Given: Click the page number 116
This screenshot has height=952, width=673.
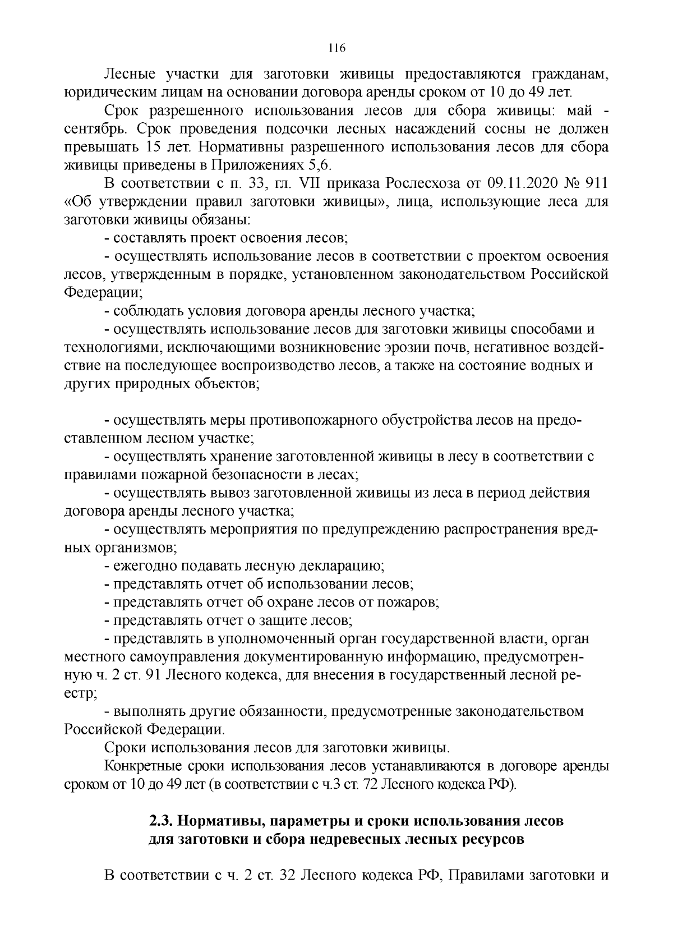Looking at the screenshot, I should (x=336, y=48).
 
